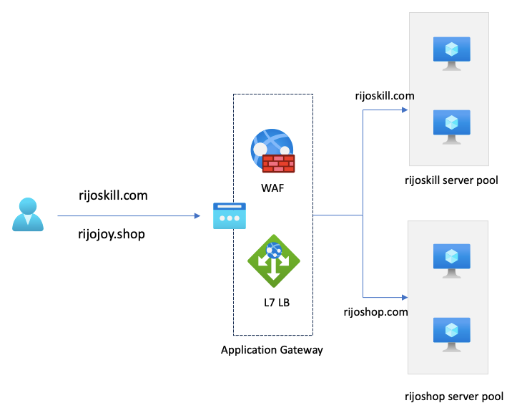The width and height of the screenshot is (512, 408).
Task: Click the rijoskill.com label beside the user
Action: click(113, 195)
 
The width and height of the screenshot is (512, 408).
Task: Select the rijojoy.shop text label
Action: click(112, 234)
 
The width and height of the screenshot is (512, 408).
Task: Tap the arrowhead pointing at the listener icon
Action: click(197, 215)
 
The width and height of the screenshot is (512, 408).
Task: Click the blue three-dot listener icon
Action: click(228, 216)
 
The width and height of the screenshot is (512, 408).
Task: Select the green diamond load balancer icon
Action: click(273, 262)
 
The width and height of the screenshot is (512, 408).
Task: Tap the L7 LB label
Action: click(276, 302)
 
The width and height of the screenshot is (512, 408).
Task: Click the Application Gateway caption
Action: click(272, 350)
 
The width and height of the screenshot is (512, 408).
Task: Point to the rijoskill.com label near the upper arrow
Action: click(385, 95)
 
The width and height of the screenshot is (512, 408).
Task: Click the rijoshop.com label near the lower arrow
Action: click(375, 312)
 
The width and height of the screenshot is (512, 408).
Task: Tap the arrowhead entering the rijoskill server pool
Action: click(404, 110)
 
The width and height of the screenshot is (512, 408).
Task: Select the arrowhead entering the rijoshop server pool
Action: click(404, 296)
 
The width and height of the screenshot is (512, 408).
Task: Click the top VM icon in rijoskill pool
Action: click(451, 53)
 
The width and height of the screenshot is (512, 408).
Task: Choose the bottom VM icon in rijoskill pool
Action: click(451, 126)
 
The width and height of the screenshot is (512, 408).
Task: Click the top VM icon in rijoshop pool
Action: click(451, 260)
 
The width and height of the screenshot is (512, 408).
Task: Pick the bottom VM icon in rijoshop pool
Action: click(451, 333)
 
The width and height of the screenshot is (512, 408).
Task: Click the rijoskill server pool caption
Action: click(451, 180)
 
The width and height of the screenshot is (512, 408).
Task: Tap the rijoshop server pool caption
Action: click(454, 396)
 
